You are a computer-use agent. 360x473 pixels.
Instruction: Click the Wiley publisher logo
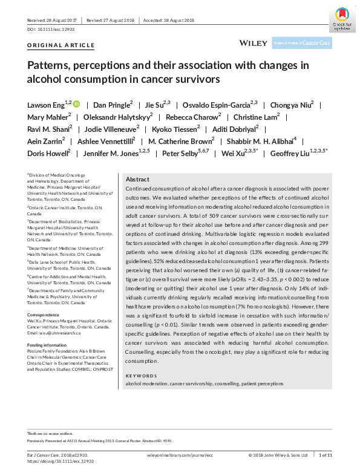(252, 43)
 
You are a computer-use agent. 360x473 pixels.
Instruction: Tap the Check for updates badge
(341, 18)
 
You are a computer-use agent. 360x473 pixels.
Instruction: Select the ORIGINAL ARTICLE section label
(61, 45)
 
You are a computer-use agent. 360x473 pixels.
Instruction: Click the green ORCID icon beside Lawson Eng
(76, 104)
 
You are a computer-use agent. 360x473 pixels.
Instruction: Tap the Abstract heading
(137, 180)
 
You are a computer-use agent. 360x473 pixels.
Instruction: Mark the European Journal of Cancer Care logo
(310, 43)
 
